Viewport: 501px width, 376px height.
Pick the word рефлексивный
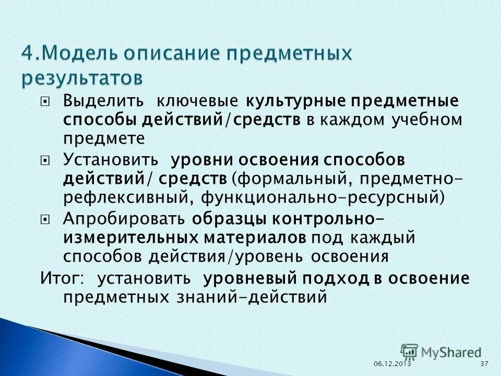click(x=123, y=198)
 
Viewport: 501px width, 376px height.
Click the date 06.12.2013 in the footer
click(x=392, y=363)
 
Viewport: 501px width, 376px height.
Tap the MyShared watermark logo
click(x=441, y=352)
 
